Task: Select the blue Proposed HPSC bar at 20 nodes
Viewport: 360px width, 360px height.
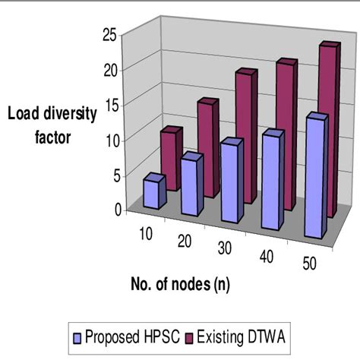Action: point(191,188)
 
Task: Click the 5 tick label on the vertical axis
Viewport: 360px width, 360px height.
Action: point(115,174)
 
